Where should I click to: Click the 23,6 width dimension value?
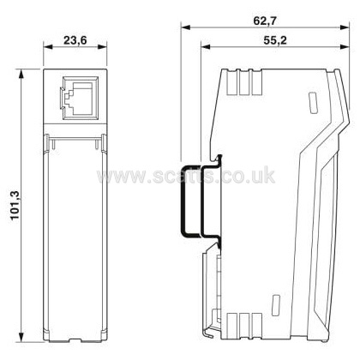(75, 40)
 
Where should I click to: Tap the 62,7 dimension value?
(265, 21)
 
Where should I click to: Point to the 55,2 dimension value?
(275, 40)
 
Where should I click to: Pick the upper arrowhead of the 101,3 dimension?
(21, 74)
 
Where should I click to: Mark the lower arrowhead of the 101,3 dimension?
(21, 337)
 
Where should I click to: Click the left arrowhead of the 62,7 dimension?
(185, 27)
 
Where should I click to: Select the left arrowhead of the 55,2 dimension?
(206, 47)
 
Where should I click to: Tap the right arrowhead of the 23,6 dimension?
(102, 47)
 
